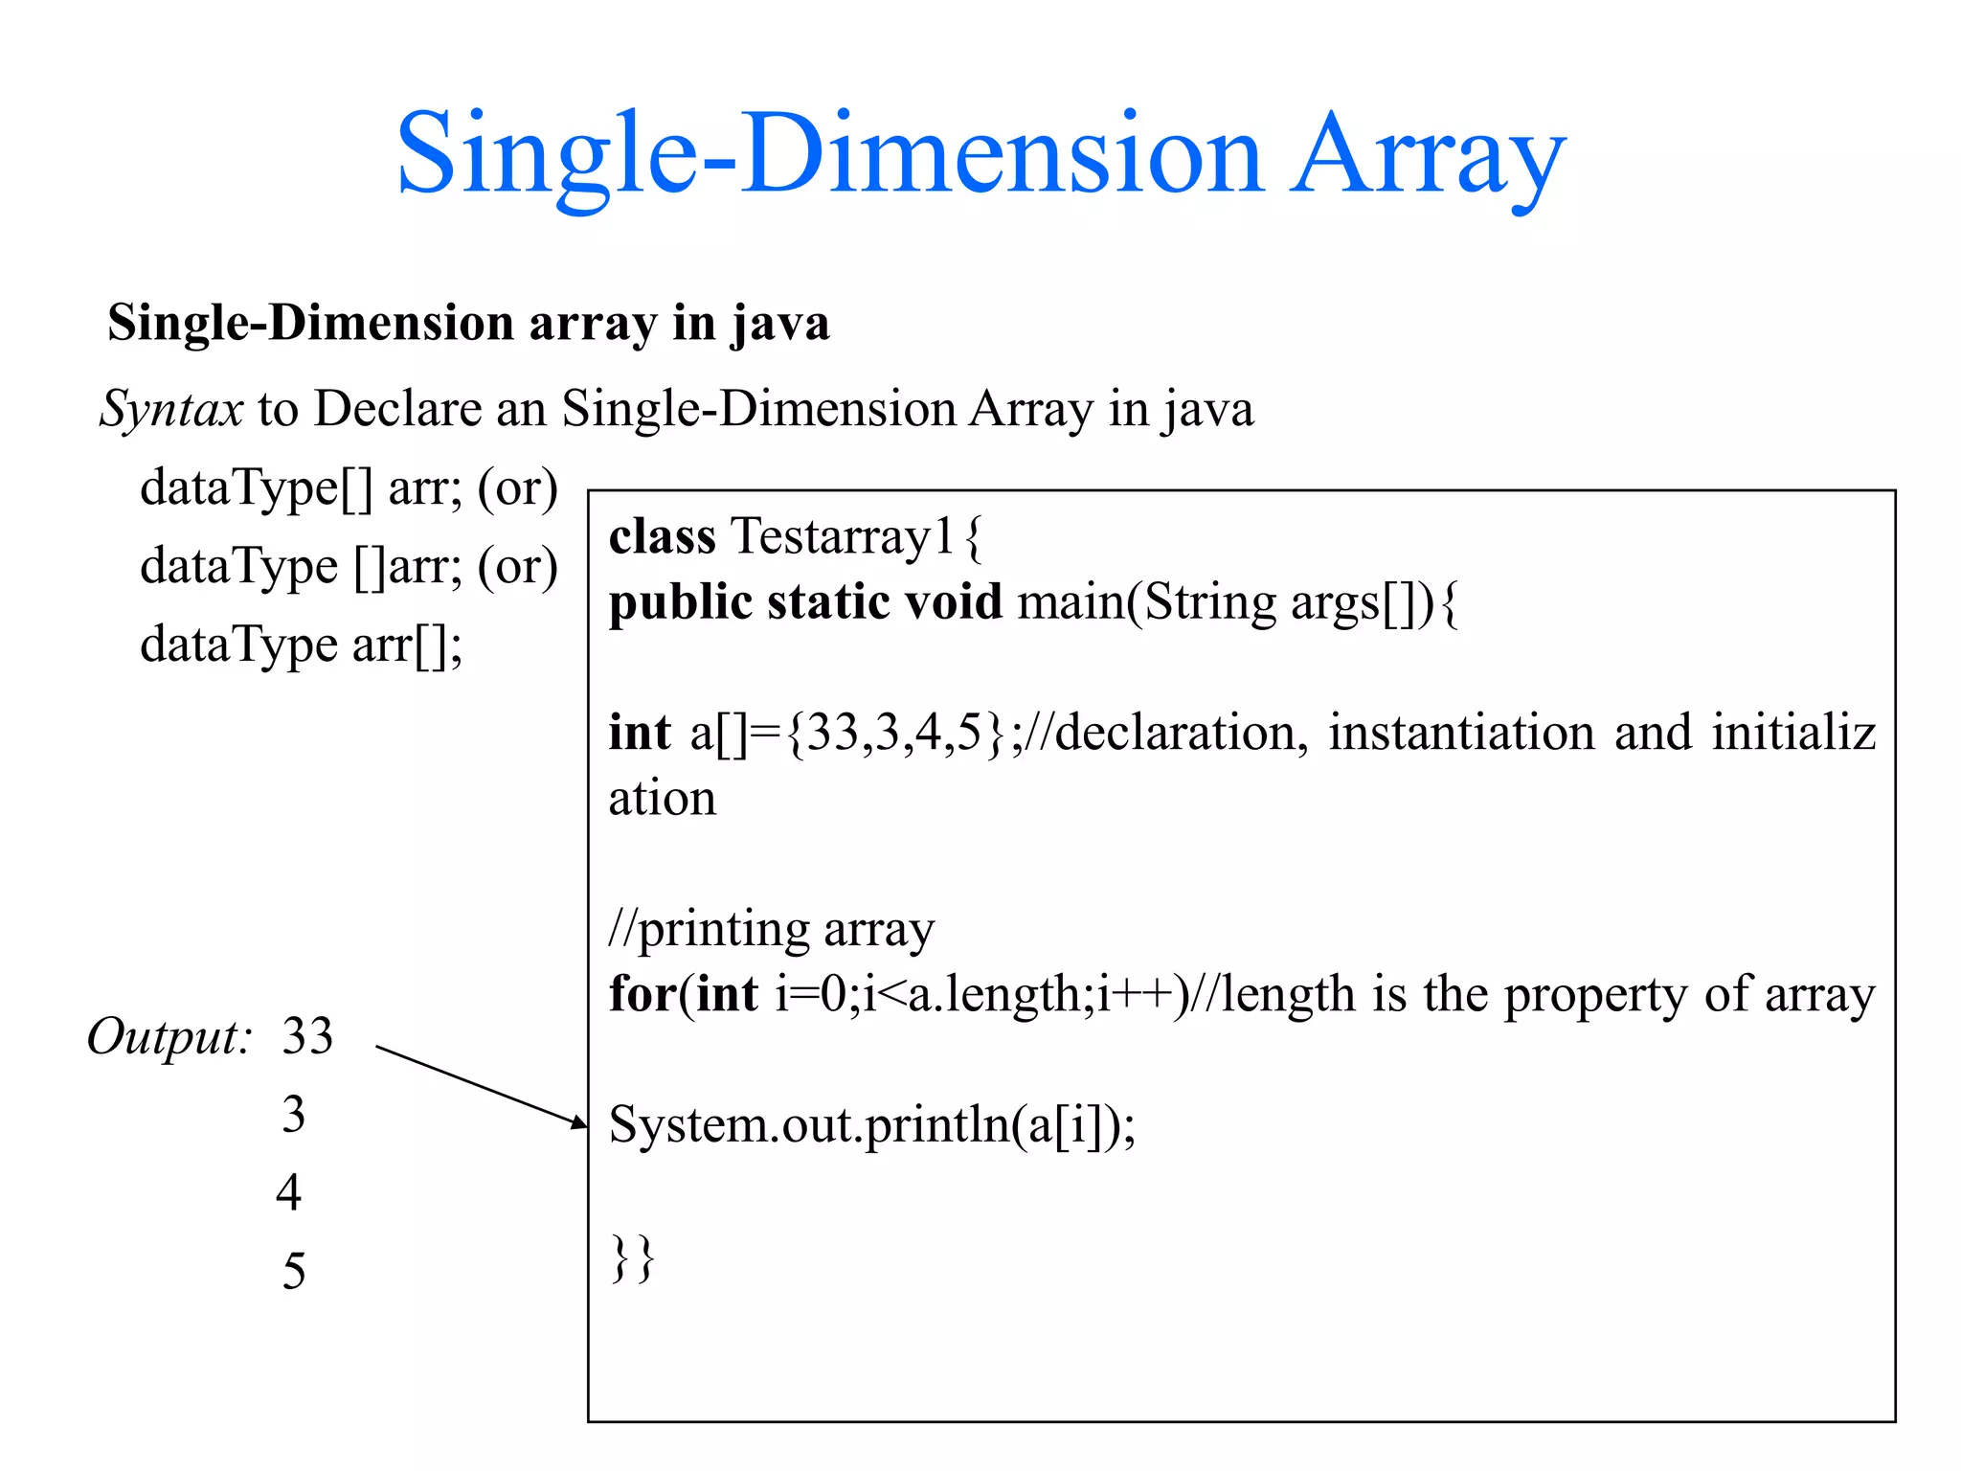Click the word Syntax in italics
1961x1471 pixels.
coord(171,409)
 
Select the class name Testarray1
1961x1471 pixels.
coord(842,536)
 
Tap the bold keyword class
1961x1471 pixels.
coord(662,536)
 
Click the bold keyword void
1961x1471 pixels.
coord(953,602)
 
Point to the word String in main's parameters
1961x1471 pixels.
coord(1210,602)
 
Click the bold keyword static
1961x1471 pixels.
coord(829,602)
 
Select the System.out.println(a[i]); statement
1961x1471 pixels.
coord(871,1124)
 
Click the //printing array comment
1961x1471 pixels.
coord(771,929)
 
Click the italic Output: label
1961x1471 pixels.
coord(169,1037)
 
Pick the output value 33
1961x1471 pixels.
coord(307,1036)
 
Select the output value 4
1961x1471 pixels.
coord(289,1193)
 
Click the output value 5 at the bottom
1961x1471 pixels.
coord(294,1272)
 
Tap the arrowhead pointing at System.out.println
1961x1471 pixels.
coord(578,1122)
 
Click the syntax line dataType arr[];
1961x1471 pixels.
coord(301,645)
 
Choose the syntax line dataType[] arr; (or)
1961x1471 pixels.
coord(349,488)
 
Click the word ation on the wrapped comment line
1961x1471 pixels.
coord(662,799)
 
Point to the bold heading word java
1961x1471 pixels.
coord(780,323)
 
